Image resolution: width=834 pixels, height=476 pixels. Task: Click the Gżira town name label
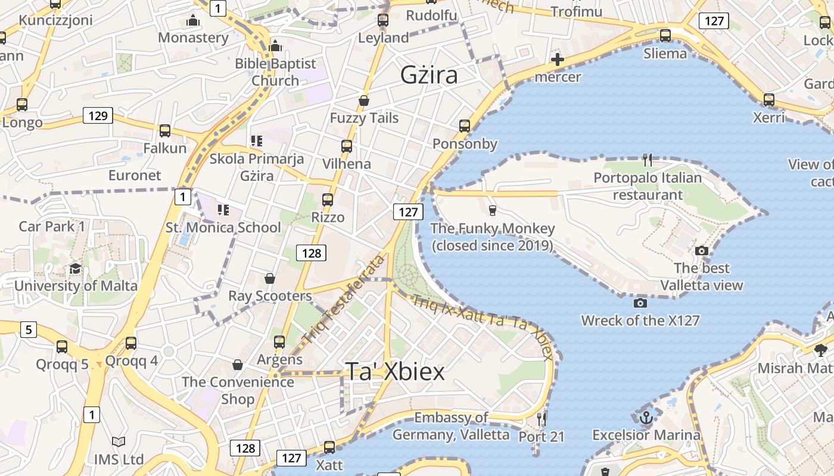(x=429, y=75)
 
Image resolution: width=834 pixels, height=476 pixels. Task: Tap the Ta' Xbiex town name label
(x=395, y=372)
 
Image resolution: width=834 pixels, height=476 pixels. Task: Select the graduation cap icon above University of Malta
(x=75, y=268)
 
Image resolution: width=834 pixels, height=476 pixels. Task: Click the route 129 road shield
(x=98, y=115)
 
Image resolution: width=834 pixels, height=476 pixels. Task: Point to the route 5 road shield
(x=29, y=329)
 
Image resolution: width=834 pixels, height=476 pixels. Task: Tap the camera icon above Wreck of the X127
(x=640, y=303)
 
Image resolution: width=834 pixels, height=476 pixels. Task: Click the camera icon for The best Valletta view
(x=702, y=250)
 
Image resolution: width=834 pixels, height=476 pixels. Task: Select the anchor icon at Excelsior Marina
(x=646, y=418)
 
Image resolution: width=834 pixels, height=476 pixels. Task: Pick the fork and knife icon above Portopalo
(x=648, y=159)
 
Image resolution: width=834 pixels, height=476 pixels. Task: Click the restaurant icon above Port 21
(x=541, y=419)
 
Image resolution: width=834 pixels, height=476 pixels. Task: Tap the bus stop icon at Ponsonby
(x=465, y=126)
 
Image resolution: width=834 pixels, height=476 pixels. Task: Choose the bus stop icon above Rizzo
(x=328, y=199)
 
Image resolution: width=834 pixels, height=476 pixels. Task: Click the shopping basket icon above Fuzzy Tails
(x=364, y=101)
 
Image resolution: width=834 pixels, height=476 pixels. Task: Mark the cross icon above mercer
(x=558, y=59)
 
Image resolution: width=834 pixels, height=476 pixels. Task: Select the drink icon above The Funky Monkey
(x=492, y=210)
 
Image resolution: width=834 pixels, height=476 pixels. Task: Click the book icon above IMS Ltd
(x=119, y=441)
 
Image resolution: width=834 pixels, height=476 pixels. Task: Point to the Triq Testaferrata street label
(x=344, y=300)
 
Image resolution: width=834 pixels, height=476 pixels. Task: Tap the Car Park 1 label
(x=52, y=226)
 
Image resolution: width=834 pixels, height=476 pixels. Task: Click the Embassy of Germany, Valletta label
(x=451, y=426)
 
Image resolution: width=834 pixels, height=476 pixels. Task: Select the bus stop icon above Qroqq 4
(x=131, y=343)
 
